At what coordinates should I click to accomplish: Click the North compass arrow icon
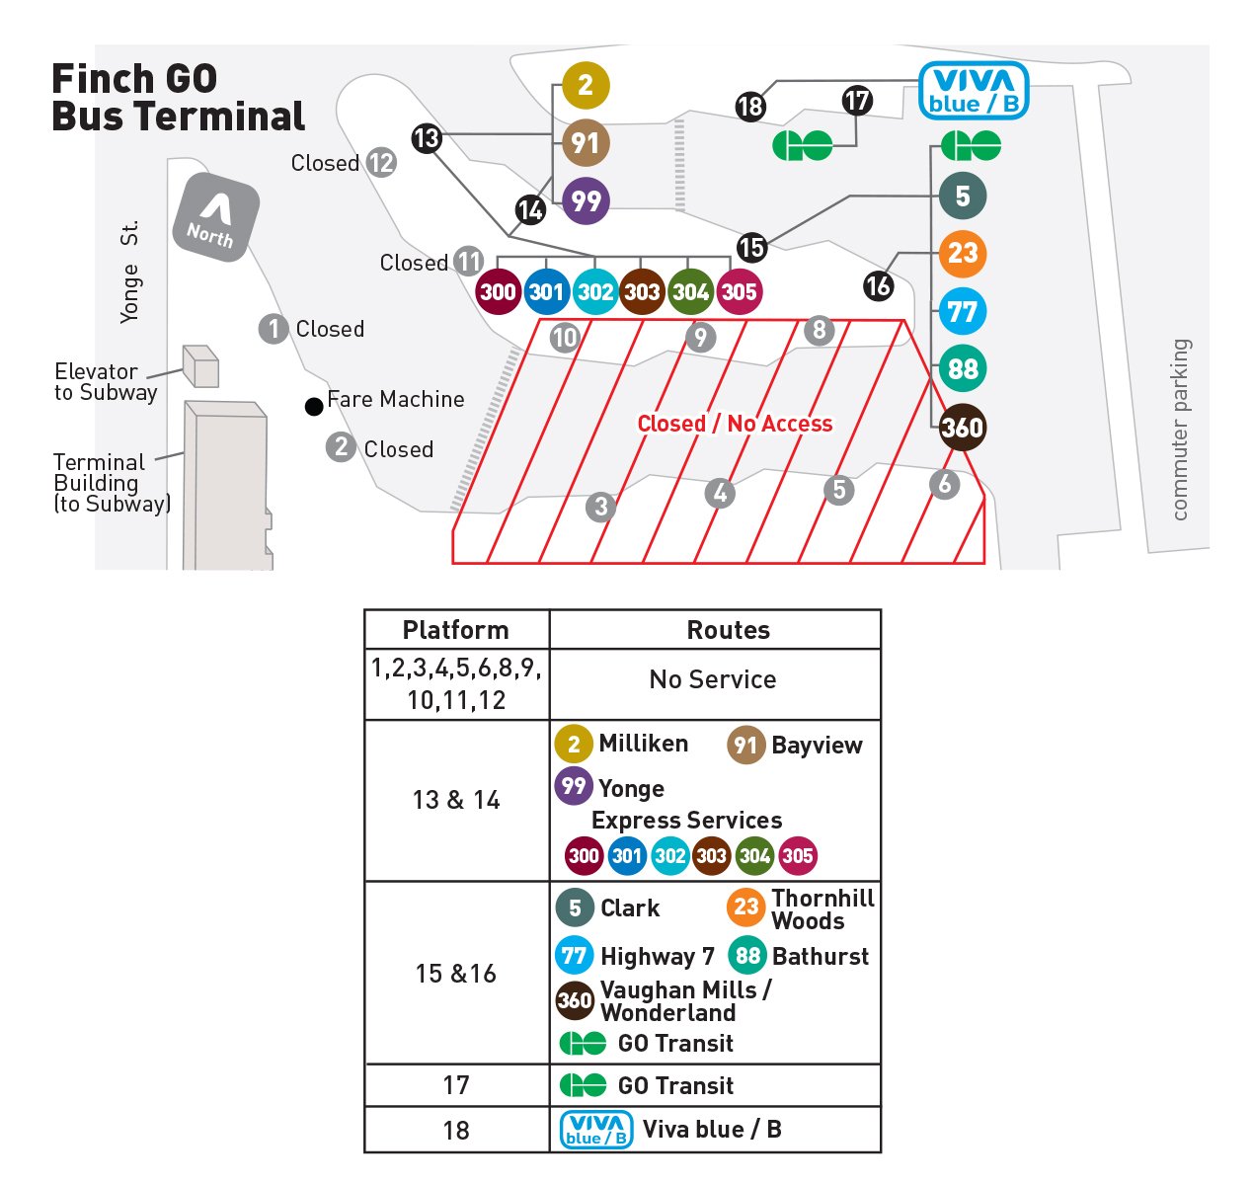tap(214, 216)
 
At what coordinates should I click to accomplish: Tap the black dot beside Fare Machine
tap(314, 406)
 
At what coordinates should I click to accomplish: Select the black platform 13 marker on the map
tap(427, 138)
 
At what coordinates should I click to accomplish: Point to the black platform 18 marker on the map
tap(750, 106)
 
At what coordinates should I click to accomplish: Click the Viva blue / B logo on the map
tap(974, 91)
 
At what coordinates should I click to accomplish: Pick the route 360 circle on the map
tap(962, 428)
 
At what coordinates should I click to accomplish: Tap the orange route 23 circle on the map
tap(962, 254)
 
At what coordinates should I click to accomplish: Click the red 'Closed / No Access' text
tap(735, 424)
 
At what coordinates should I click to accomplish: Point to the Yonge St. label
tap(129, 272)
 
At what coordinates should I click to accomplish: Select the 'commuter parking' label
tap(1180, 430)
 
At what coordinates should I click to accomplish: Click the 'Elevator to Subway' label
tap(106, 382)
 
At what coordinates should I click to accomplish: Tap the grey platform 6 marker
tap(945, 484)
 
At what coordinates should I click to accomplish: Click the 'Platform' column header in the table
tap(456, 630)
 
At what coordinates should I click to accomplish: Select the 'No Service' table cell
tap(713, 679)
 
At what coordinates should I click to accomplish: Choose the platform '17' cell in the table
tap(456, 1085)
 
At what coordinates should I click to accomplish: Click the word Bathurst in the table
tap(821, 956)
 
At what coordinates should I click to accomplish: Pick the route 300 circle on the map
tap(498, 291)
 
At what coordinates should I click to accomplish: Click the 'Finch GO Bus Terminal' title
tap(178, 97)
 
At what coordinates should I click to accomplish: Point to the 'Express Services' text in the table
tap(686, 821)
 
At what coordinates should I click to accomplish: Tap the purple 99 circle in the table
tap(574, 787)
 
